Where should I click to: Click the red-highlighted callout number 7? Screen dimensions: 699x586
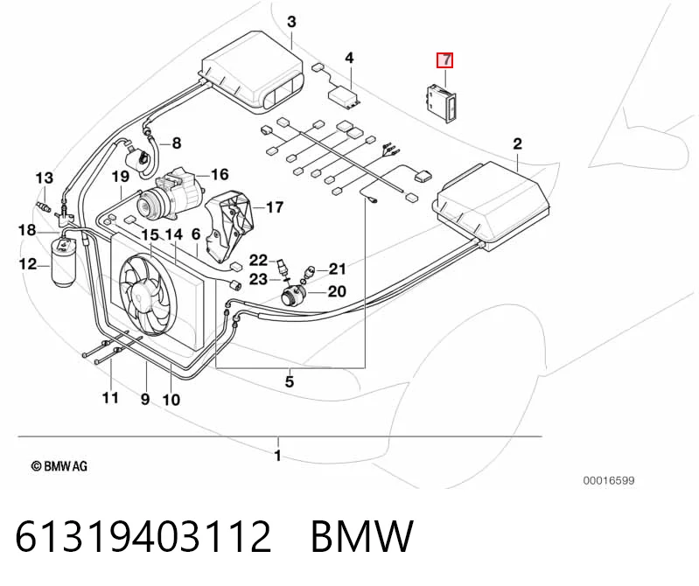tap(445, 60)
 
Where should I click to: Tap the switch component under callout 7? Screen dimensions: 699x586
tap(440, 102)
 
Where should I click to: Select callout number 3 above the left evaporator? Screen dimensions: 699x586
tap(291, 21)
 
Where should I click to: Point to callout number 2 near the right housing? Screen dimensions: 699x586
tap(517, 144)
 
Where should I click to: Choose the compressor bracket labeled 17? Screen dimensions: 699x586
tap(229, 227)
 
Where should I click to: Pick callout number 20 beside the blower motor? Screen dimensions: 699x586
tap(337, 291)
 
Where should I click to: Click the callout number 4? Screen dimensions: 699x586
tap(350, 58)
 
